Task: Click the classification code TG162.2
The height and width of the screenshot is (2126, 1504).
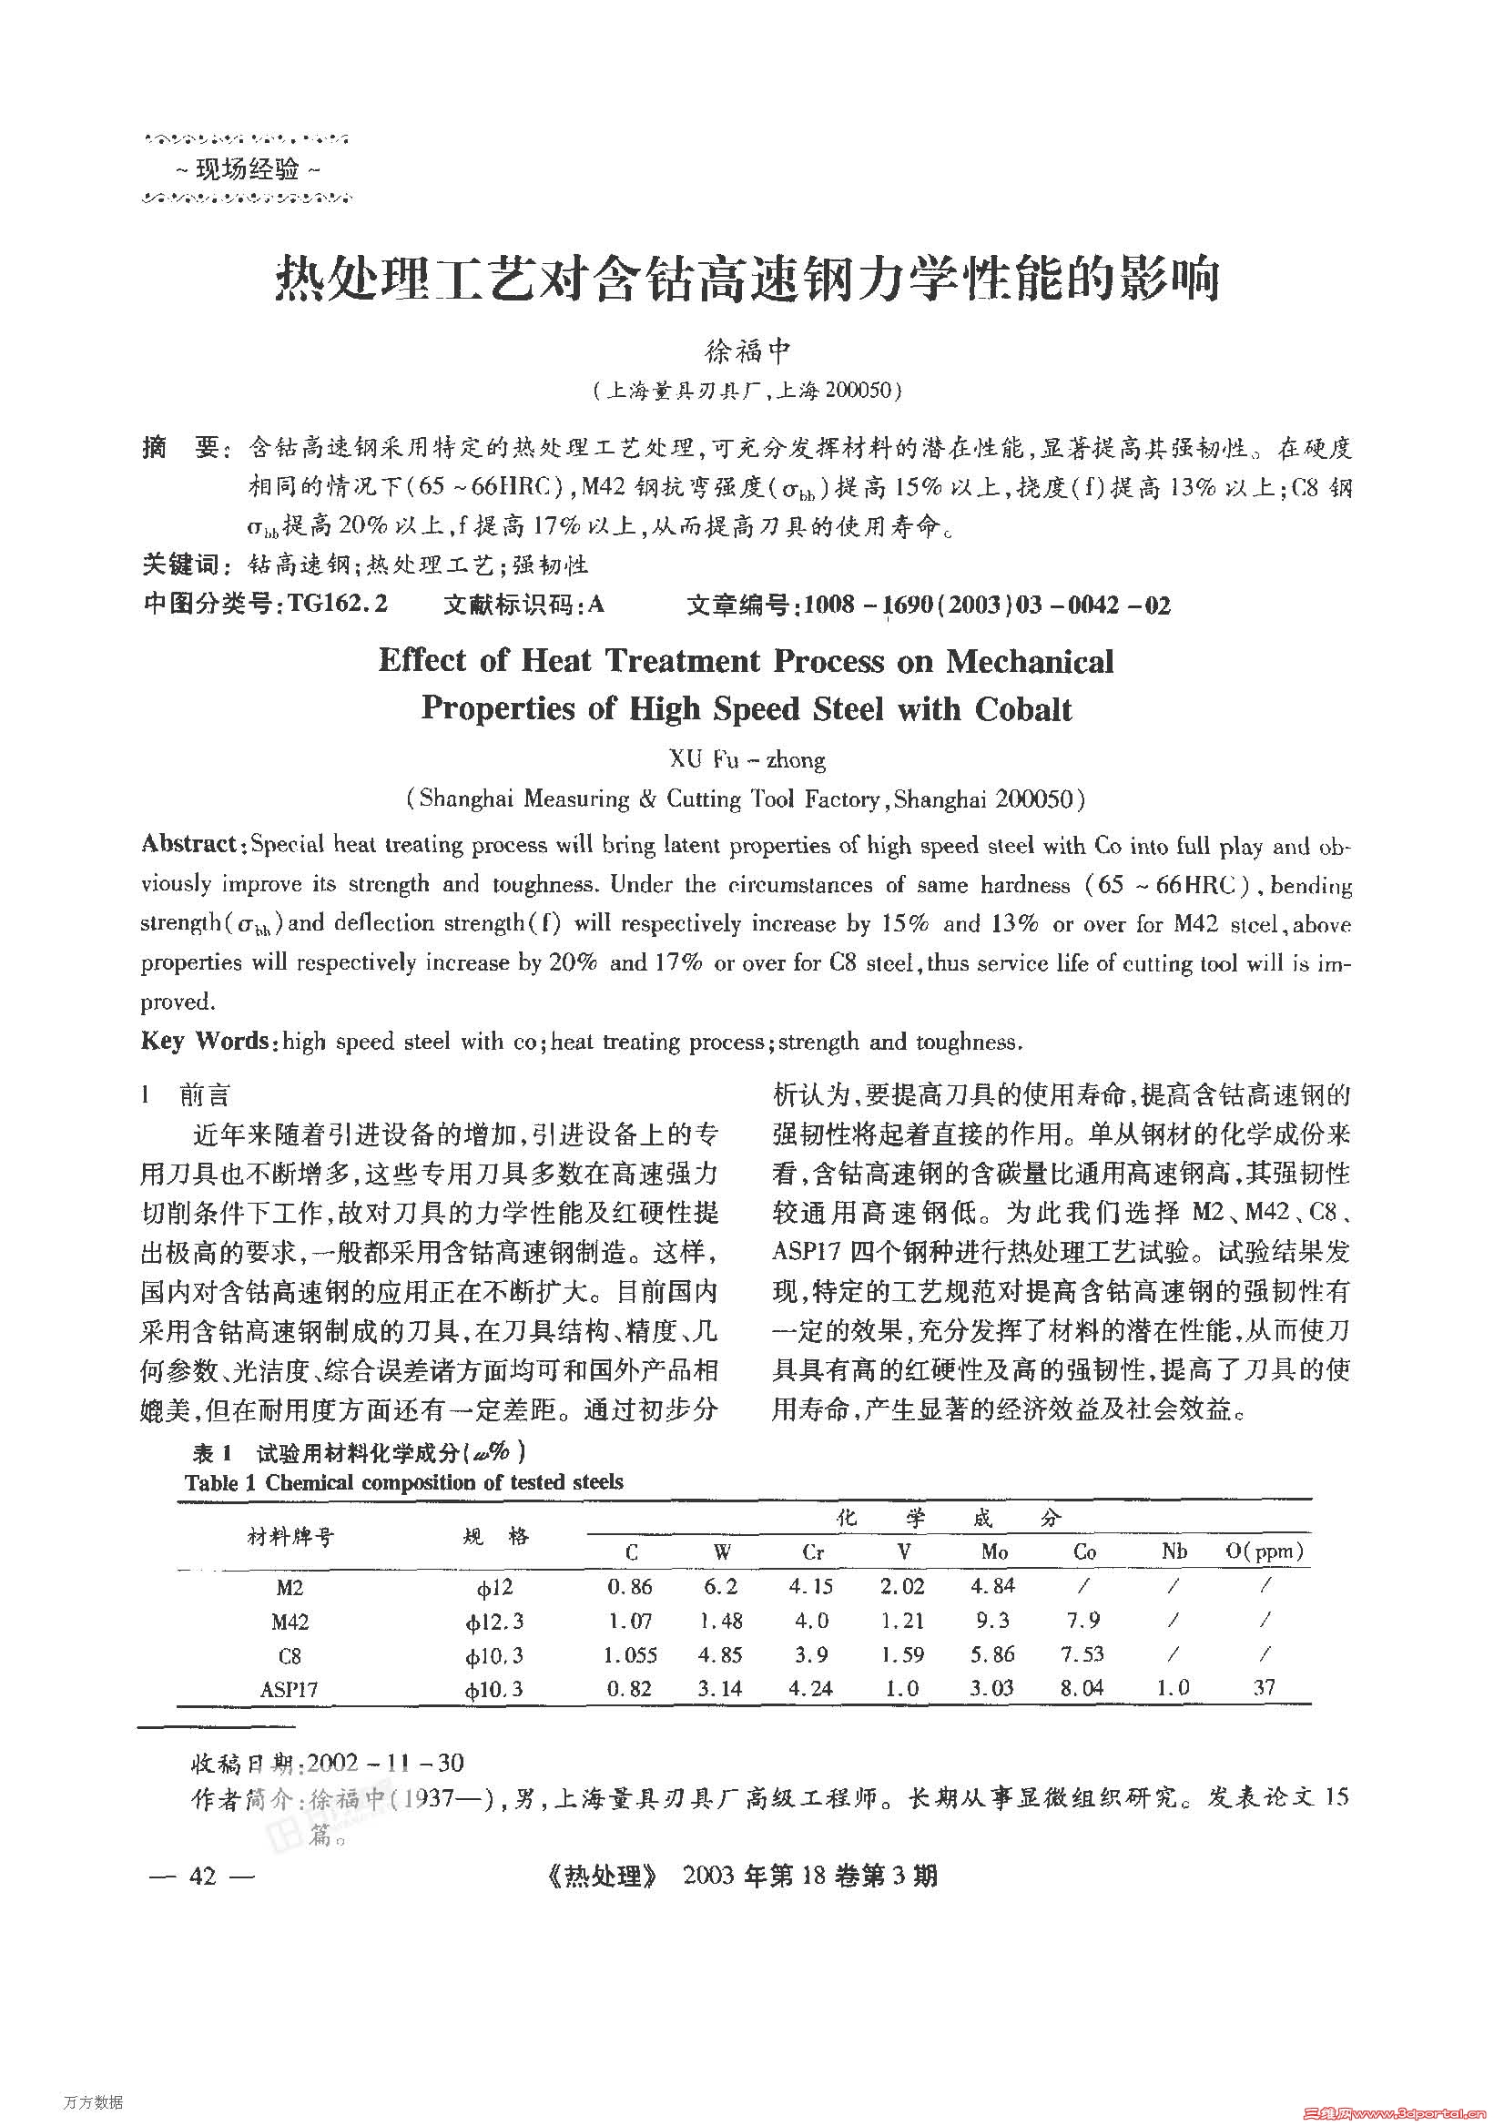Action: coord(337,605)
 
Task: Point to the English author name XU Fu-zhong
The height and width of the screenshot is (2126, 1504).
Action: coord(747,760)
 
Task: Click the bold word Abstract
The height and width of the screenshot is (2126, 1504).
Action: coord(190,843)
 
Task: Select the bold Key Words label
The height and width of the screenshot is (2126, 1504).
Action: coord(205,1041)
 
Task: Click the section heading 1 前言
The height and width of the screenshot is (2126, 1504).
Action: coord(186,1095)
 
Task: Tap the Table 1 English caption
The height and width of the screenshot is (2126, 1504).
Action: coord(404,1482)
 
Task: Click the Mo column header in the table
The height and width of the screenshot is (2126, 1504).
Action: coord(994,1551)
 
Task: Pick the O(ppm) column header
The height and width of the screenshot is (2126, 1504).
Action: coord(1265,1551)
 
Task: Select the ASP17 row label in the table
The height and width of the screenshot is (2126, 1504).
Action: coord(289,1690)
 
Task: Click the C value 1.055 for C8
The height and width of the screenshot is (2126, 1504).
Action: coord(630,1654)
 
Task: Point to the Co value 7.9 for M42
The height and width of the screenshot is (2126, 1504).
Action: coord(1082,1621)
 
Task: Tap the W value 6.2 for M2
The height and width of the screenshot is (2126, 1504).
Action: coord(720,1587)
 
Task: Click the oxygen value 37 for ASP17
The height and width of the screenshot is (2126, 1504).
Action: coord(1265,1688)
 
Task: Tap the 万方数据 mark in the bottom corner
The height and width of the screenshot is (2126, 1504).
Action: coord(94,2102)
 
